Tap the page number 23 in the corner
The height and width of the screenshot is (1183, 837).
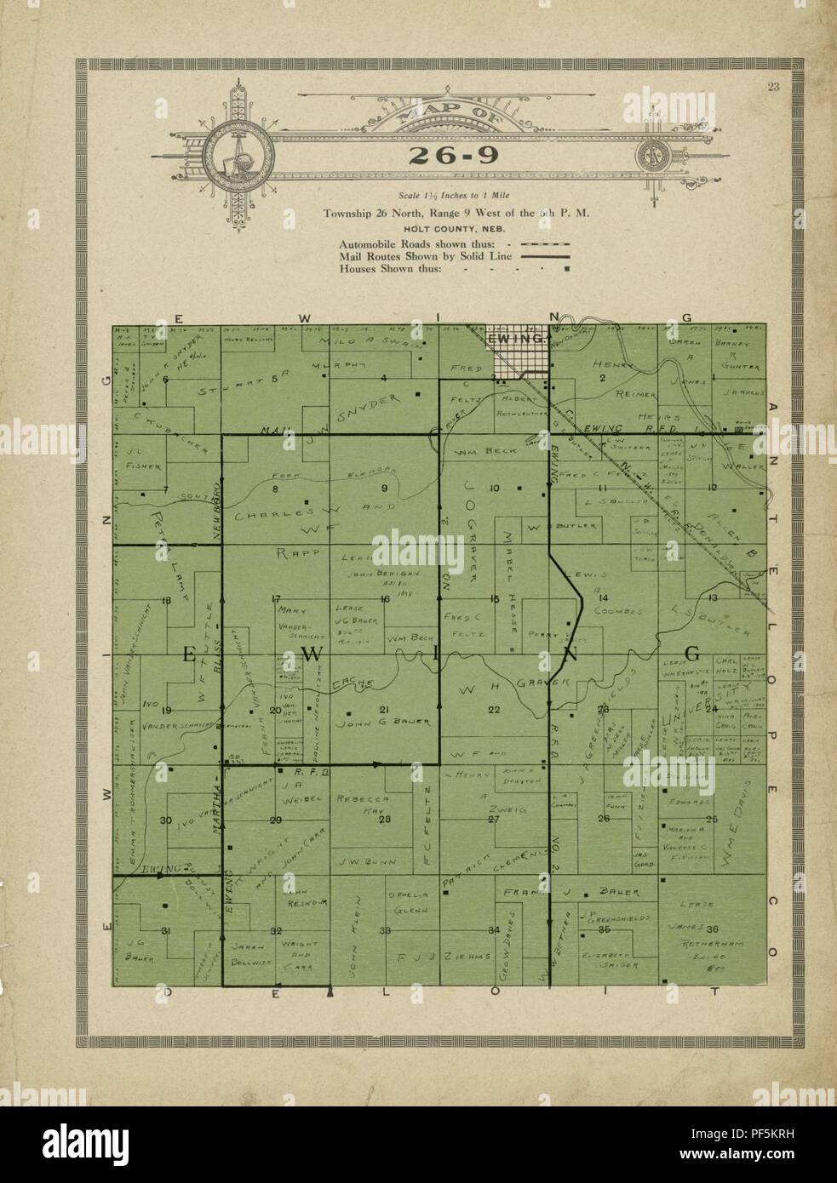point(773,83)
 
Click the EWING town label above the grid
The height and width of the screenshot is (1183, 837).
point(517,339)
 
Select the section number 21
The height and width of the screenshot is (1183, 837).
point(384,709)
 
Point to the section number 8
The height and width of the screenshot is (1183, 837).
point(275,489)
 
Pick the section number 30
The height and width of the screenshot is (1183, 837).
point(165,820)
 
